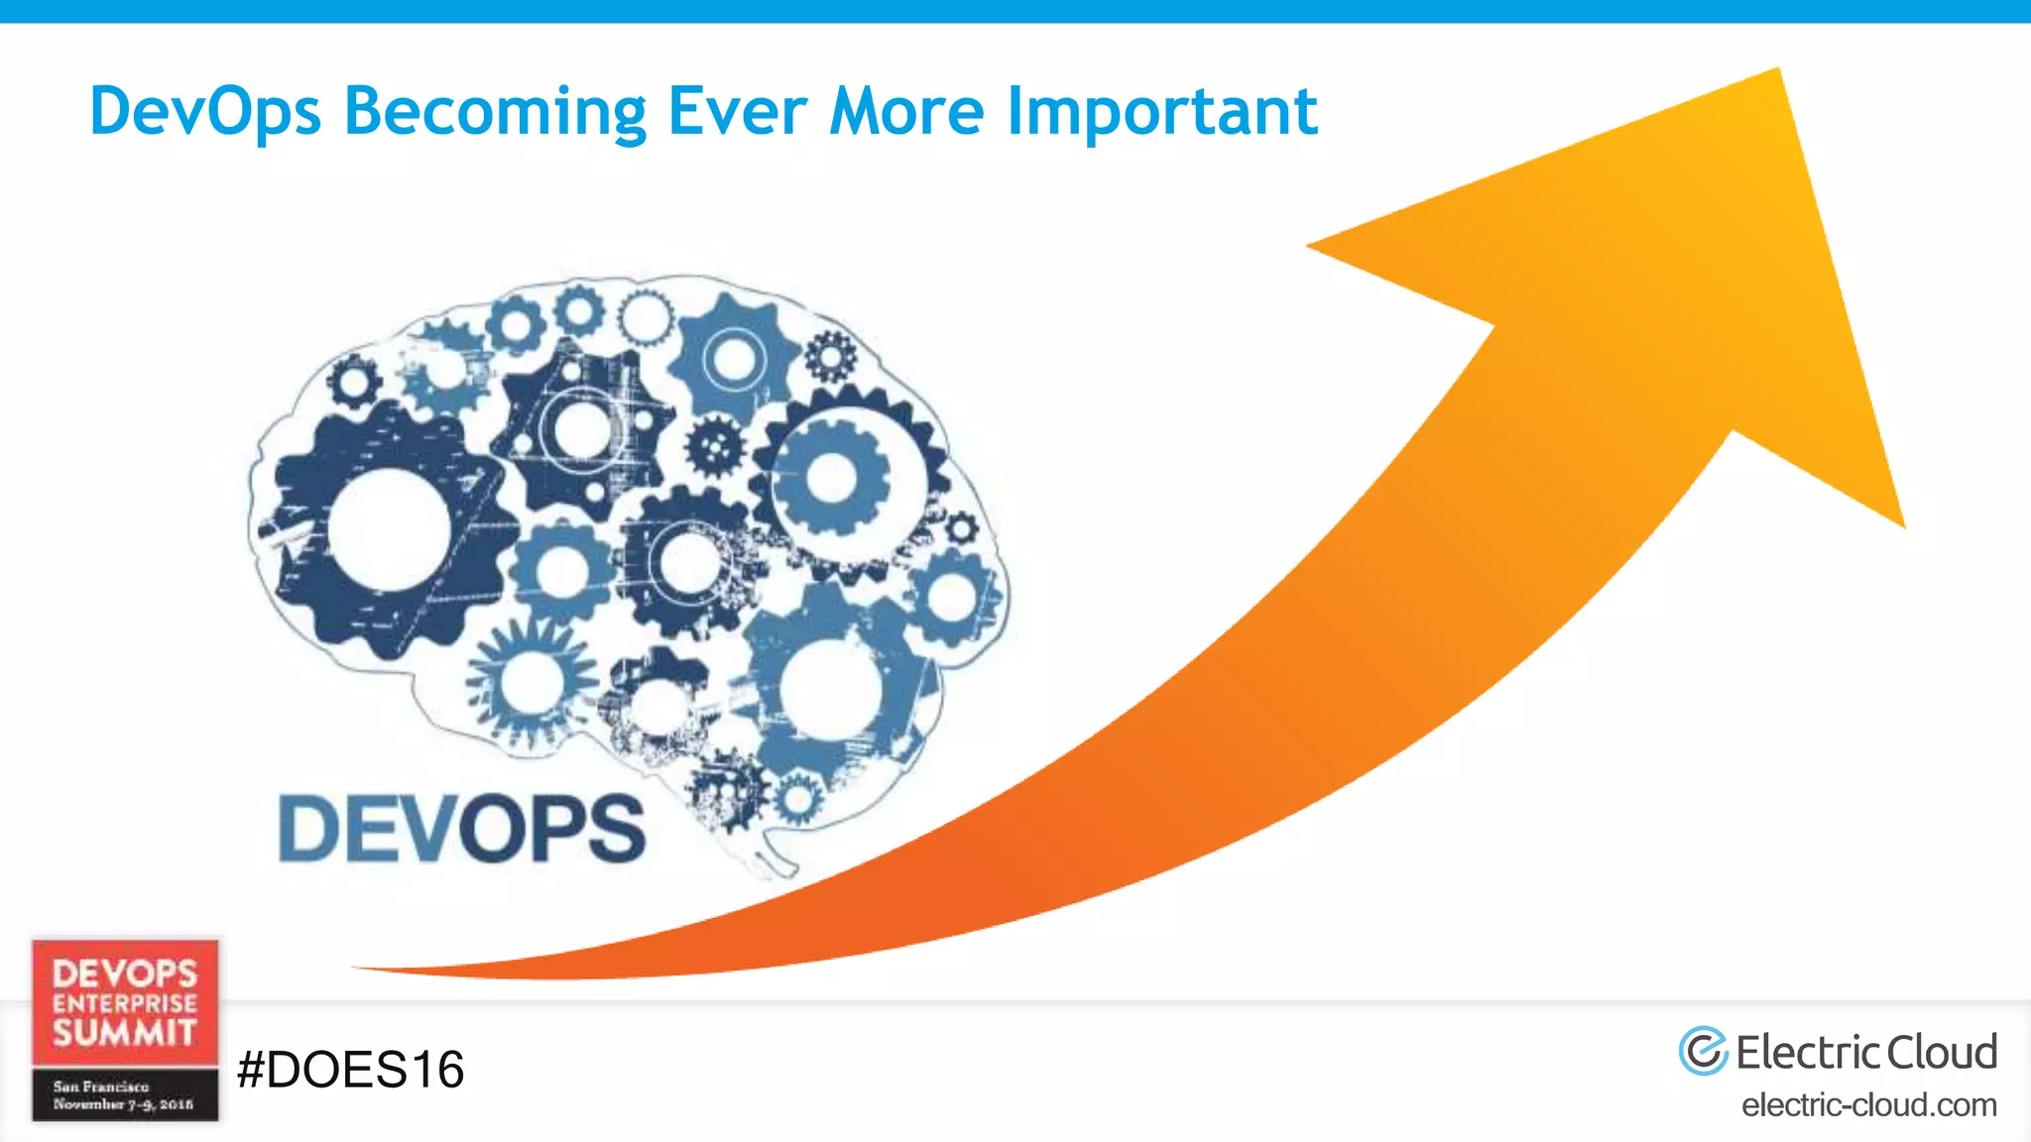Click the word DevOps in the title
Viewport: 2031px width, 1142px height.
point(205,111)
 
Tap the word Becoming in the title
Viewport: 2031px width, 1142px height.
point(494,111)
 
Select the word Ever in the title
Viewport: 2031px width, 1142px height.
point(738,111)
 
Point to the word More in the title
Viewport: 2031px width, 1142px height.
point(906,111)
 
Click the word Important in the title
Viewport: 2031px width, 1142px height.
point(1161,111)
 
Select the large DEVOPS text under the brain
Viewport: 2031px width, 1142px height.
point(462,829)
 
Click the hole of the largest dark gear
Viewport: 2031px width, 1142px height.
point(389,528)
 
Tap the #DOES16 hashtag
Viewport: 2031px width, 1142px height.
point(351,1070)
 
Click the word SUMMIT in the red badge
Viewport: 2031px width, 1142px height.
point(125,1033)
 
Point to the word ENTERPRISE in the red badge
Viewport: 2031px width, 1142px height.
point(125,1003)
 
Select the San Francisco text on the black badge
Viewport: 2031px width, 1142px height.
point(100,1086)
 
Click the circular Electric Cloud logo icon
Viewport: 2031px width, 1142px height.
point(1703,1051)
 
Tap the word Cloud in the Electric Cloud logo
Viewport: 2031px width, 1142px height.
point(1941,1052)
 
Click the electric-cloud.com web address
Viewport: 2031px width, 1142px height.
point(1868,1104)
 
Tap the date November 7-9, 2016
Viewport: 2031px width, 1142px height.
point(123,1103)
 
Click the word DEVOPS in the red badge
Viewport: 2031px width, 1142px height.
point(125,972)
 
